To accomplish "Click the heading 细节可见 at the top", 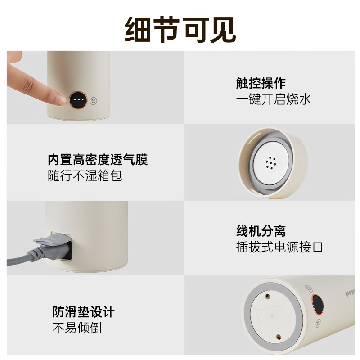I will pyautogui.click(x=180, y=30).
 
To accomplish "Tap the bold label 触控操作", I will pyautogui.click(x=261, y=83).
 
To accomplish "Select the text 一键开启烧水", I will pyautogui.click(x=274, y=99).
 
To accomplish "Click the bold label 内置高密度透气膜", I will pyautogui.click(x=98, y=159).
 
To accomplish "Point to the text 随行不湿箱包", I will pyautogui.click(x=85, y=175).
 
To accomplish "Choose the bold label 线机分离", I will pyautogui.click(x=261, y=231).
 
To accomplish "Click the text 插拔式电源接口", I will pyautogui.click(x=279, y=247).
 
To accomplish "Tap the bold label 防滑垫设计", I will pyautogui.click(x=84, y=311).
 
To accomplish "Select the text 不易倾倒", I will pyautogui.click(x=77, y=328).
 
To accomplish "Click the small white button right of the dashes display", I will pyautogui.click(x=94, y=100).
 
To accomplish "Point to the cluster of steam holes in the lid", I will pyautogui.click(x=270, y=163).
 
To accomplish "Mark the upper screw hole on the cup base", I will pyautogui.click(x=267, y=297).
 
